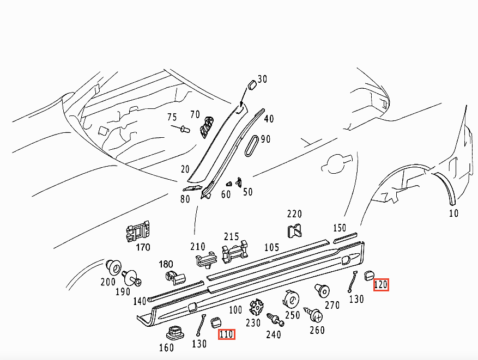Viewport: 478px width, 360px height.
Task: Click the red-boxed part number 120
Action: pyautogui.click(x=380, y=284)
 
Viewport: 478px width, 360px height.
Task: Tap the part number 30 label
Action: pyautogui.click(x=263, y=80)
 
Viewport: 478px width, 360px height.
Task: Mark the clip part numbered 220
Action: pyautogui.click(x=294, y=231)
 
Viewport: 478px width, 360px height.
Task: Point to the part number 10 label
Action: pyautogui.click(x=453, y=213)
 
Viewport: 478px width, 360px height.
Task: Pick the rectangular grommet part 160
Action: pyautogui.click(x=174, y=332)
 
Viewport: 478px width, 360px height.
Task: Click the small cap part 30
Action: pyautogui.click(x=252, y=84)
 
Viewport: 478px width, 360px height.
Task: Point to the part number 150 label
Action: pyautogui.click(x=339, y=228)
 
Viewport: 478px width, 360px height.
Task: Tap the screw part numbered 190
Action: pyautogui.click(x=132, y=279)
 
